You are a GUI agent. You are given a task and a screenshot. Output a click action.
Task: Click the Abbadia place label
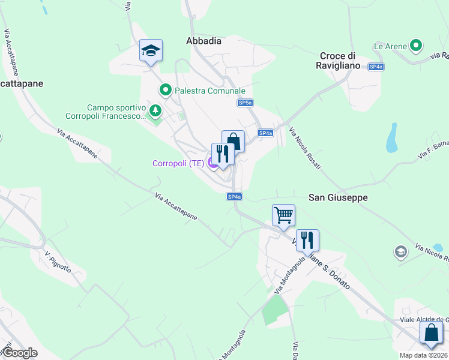[x=203, y=41]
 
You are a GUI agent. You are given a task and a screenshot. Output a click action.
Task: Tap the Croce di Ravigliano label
[x=340, y=61]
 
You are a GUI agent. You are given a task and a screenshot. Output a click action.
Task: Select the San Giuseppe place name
[x=338, y=197]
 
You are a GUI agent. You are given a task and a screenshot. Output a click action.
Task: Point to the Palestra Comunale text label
[x=210, y=91]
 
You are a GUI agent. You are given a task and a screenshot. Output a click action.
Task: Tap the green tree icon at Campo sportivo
[x=155, y=110]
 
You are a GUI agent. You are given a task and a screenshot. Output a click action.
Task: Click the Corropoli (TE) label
[x=179, y=163]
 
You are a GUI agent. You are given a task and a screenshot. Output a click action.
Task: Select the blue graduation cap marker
[x=151, y=51]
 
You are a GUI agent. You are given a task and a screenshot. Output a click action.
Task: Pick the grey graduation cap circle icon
[x=400, y=251]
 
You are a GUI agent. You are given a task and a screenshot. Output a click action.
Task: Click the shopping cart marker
[x=283, y=214]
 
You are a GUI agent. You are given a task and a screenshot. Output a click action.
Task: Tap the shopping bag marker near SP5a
[x=233, y=142]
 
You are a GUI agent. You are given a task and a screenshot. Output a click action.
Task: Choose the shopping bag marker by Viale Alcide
[x=431, y=332]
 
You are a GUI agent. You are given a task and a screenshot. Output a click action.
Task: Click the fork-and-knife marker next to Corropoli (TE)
[x=223, y=154]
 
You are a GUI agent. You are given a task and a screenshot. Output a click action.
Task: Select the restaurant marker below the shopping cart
[x=307, y=240]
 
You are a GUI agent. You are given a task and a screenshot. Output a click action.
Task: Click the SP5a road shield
[x=244, y=103]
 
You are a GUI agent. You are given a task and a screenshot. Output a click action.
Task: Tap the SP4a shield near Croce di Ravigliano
[x=376, y=67]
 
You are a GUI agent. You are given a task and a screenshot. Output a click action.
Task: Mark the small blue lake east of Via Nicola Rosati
[x=392, y=138]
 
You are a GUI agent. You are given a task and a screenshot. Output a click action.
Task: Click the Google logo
[x=20, y=353]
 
